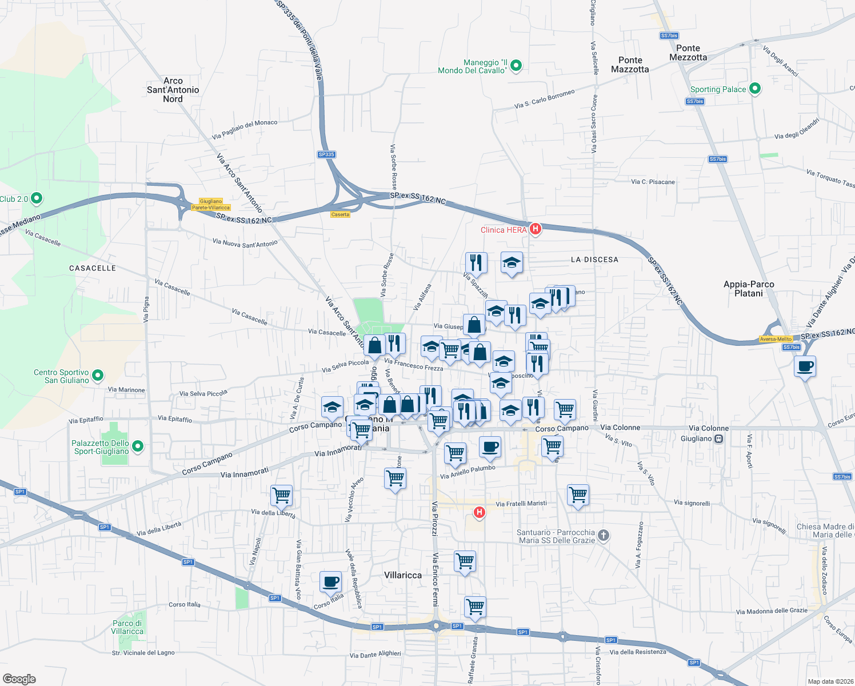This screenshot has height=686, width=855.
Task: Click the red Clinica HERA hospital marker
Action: pyautogui.click(x=536, y=229)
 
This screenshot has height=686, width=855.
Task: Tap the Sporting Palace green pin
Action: pyautogui.click(x=755, y=89)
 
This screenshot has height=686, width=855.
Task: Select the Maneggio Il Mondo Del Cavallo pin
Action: pyautogui.click(x=516, y=66)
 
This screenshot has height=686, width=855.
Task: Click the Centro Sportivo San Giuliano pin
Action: pyautogui.click(x=98, y=376)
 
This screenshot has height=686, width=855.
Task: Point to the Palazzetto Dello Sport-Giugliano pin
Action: pyautogui.click(x=137, y=446)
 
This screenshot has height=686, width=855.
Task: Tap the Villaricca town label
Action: pyautogui.click(x=403, y=575)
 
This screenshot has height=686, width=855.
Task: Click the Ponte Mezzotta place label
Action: pyautogui.click(x=688, y=53)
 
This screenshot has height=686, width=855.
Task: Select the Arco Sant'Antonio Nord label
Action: pyautogui.click(x=173, y=90)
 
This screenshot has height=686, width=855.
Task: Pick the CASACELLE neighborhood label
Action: pyautogui.click(x=93, y=268)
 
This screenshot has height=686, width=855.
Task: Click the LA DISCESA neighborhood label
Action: pyautogui.click(x=594, y=260)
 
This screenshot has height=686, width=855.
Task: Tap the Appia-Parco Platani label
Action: pyautogui.click(x=749, y=289)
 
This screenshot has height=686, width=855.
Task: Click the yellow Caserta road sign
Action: pyautogui.click(x=340, y=214)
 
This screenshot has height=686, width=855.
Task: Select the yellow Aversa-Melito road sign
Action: pyautogui.click(x=776, y=339)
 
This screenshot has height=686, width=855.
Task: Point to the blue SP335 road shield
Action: pyautogui.click(x=326, y=154)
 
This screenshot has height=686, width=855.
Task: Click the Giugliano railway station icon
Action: pyautogui.click(x=719, y=439)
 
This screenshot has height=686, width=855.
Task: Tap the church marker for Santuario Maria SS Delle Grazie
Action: pyautogui.click(x=604, y=536)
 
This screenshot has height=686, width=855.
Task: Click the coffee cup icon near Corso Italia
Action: pyautogui.click(x=330, y=582)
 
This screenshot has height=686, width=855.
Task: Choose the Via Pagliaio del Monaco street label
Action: pyautogui.click(x=245, y=130)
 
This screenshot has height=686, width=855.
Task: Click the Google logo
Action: pyautogui.click(x=19, y=679)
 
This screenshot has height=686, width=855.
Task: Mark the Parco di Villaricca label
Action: pyautogui.click(x=127, y=627)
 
